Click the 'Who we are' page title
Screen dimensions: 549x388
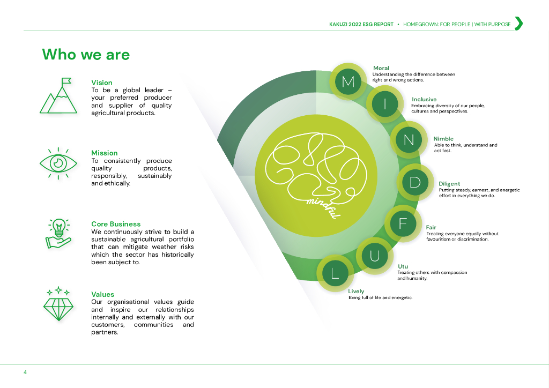pyautogui.click(x=86, y=55)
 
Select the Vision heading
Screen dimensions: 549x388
pyautogui.click(x=102, y=83)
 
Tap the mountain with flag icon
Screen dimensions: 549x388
pyautogui.click(x=55, y=96)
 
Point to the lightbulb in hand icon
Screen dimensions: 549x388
pyautogui.click(x=58, y=234)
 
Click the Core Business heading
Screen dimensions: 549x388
pyautogui.click(x=116, y=224)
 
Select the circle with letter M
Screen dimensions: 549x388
pyautogui.click(x=348, y=81)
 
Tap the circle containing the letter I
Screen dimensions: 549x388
pyautogui.click(x=384, y=104)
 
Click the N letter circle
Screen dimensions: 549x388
pyautogui.click(x=409, y=140)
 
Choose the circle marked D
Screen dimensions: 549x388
pyautogui.click(x=415, y=182)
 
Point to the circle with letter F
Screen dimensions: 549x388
pyautogui.click(x=403, y=223)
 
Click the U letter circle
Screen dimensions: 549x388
pyautogui.click(x=375, y=256)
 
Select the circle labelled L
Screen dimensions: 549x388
pyautogui.click(x=335, y=274)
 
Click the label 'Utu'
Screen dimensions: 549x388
pyautogui.click(x=403, y=266)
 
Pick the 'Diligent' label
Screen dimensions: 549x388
pyautogui.click(x=449, y=184)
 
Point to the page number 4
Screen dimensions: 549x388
pyautogui.click(x=25, y=372)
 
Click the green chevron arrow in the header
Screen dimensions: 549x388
pyautogui.click(x=518, y=24)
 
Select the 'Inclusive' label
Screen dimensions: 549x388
pyautogui.click(x=424, y=99)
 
